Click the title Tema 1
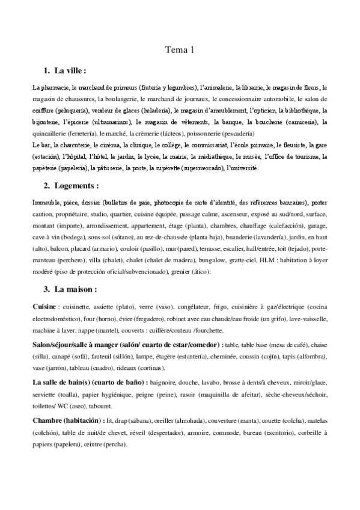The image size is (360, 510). point(180,51)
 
